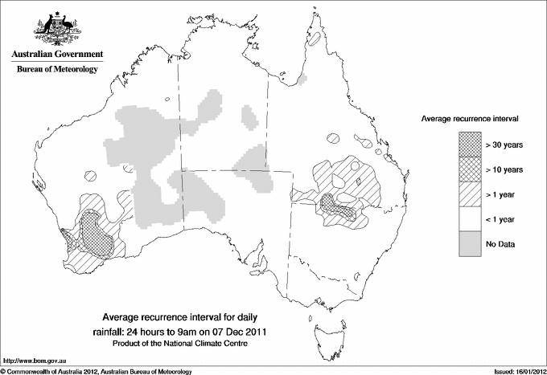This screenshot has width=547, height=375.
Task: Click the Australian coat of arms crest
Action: coord(56,29)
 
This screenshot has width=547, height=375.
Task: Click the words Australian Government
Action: coord(56,55)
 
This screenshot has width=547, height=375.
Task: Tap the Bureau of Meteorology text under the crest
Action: coord(56,70)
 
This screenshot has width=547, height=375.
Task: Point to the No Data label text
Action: coord(500,244)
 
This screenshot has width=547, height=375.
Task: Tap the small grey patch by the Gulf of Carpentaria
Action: coord(303,80)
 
